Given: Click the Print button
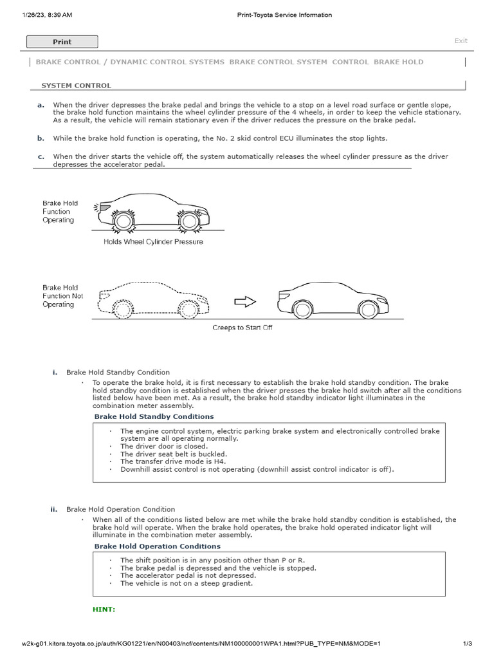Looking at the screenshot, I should click(62, 42).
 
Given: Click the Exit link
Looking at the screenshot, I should click(461, 41).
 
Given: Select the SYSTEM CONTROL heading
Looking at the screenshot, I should click(76, 85).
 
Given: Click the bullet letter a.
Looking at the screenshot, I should click(41, 105).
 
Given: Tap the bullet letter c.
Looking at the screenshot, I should click(41, 156).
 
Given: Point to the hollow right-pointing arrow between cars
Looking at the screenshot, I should click(245, 302).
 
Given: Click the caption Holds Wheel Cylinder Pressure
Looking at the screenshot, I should click(153, 242).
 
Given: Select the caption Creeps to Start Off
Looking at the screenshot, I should click(242, 328).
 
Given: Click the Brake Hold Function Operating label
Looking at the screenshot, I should click(59, 211).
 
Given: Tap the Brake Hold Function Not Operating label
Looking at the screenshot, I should click(62, 296).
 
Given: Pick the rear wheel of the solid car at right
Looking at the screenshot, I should click(302, 309).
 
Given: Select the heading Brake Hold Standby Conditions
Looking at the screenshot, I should click(154, 416).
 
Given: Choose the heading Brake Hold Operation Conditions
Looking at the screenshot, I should click(157, 546).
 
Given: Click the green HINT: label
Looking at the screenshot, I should click(104, 609).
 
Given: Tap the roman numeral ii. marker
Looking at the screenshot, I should click(55, 509).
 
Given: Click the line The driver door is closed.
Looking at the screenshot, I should click(164, 446).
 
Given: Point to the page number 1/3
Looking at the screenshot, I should click(468, 644).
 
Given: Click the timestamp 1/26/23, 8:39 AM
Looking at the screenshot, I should click(47, 15).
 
